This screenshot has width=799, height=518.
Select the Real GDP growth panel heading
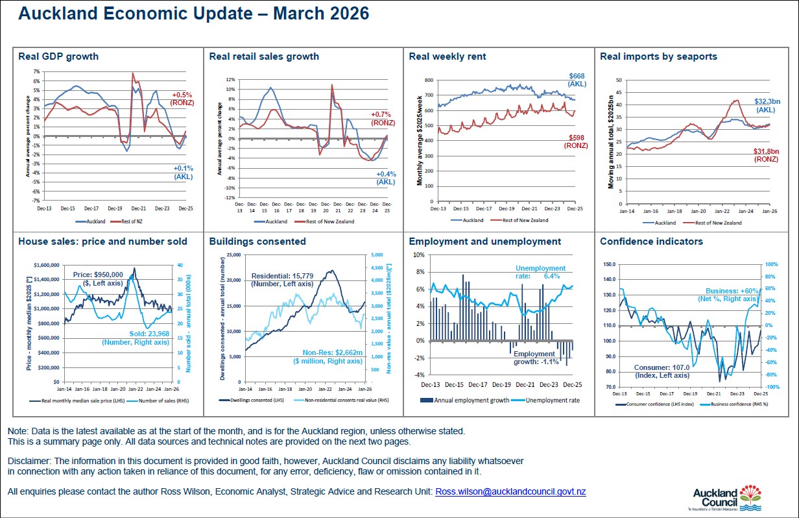point(58,56)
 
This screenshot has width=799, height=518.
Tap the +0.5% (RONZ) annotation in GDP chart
point(182,99)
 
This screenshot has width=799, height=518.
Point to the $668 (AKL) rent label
point(577,80)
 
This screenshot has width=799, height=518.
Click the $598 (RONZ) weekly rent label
point(577,142)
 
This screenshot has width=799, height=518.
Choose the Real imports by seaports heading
point(658,56)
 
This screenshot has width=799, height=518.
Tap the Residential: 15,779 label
point(282,280)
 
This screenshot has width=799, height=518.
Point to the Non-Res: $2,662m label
point(328,356)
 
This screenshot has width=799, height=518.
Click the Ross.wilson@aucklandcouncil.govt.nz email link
point(510,491)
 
